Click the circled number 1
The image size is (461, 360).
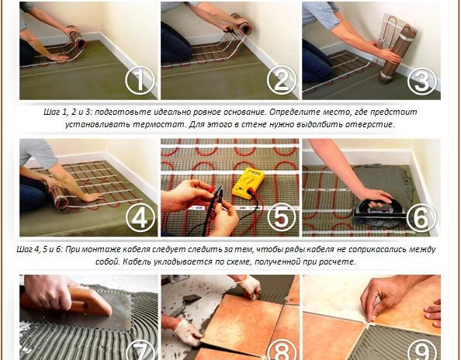[x=140, y=80]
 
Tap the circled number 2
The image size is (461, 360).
[x=282, y=80]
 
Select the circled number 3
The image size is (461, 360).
[x=422, y=80]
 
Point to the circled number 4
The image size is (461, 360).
[x=140, y=217]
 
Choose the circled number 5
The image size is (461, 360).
[x=282, y=217]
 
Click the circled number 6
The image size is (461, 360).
[x=421, y=217]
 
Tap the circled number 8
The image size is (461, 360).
[x=282, y=351]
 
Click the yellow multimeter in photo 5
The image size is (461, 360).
[x=248, y=182]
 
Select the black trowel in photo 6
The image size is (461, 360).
[x=377, y=209]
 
